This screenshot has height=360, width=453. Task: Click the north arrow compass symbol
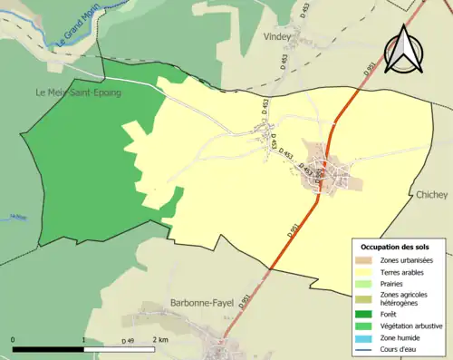pos(403,50)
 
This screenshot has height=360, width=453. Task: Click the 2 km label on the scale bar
pos(160,339)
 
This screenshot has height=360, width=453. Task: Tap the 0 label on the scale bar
pos(14,339)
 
